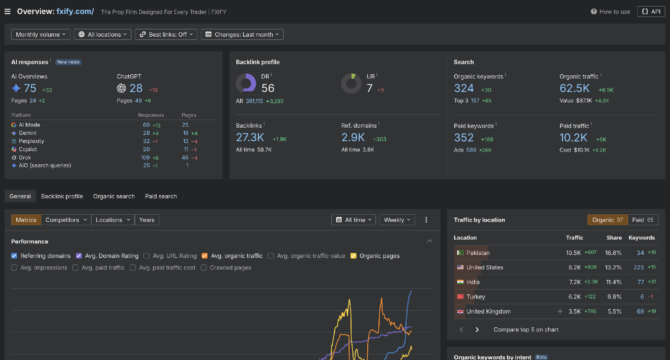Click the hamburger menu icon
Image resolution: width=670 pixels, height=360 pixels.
click(8, 12)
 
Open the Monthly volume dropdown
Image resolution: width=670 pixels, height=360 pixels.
click(41, 34)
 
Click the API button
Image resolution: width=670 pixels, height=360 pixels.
click(651, 11)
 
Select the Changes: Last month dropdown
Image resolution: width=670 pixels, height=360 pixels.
click(242, 34)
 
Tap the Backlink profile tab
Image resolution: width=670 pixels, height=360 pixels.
click(62, 196)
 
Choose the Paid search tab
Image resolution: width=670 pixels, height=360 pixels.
click(161, 196)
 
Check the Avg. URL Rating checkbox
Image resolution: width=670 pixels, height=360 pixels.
click(147, 256)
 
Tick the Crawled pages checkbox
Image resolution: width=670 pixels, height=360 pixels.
click(204, 268)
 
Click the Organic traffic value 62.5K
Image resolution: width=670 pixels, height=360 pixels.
click(574, 88)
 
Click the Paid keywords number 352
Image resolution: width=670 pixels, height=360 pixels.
click(464, 137)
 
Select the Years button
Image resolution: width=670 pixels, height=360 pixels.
click(147, 220)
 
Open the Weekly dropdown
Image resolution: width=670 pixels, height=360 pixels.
click(397, 220)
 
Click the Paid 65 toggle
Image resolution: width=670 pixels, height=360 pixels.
click(643, 220)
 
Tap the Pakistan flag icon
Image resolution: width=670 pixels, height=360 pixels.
click(460, 253)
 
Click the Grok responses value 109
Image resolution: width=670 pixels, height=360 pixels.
click(145, 157)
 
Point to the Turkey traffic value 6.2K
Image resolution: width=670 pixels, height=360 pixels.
click(574, 297)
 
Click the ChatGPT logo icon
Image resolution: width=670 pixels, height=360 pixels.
click(121, 88)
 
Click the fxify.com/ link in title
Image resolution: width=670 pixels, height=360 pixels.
click(75, 11)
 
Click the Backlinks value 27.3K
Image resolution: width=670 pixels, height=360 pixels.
click(250, 137)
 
